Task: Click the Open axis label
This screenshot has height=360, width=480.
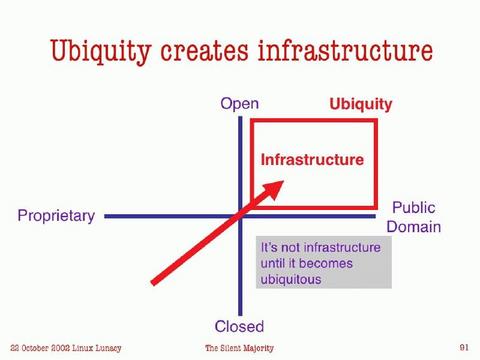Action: point(239,104)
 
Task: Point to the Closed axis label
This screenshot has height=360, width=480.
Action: point(239,326)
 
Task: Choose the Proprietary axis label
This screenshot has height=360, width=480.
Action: point(56,216)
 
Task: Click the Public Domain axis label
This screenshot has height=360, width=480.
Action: point(415,217)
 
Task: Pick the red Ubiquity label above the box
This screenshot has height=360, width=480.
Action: point(361,104)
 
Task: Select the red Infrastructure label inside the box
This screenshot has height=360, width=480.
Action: point(312,159)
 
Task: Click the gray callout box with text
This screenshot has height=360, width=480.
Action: point(322,263)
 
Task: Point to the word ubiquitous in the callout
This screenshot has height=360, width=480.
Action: point(291,280)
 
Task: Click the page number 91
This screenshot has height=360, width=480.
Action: point(464,347)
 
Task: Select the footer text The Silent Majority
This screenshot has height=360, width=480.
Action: point(239,347)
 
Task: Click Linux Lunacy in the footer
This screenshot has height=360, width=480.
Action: point(98,347)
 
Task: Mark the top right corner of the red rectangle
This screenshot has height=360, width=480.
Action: point(376,121)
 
